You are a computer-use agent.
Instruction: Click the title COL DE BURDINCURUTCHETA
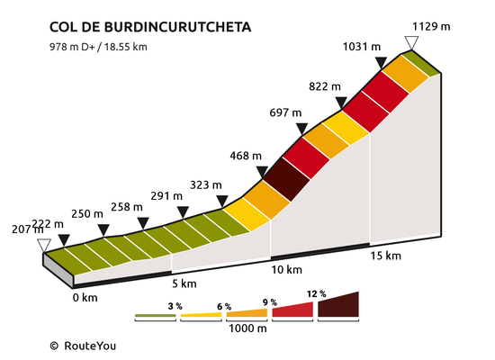(x=150, y=27)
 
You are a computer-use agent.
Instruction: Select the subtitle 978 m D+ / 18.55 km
(x=98, y=47)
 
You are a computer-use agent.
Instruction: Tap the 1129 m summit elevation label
(x=431, y=26)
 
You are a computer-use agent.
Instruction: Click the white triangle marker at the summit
(x=411, y=42)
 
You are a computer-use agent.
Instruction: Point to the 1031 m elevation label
(x=362, y=47)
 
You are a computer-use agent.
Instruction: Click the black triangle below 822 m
(x=341, y=103)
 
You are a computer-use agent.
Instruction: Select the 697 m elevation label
(x=285, y=112)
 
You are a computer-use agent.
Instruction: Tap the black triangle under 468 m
(x=262, y=172)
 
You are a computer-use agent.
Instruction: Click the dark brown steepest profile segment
(x=286, y=179)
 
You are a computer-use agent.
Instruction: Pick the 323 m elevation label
(x=206, y=184)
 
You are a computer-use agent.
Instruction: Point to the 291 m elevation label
(x=166, y=196)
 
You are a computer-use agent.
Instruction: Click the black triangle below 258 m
(x=143, y=223)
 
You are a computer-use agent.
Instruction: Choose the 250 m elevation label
(x=87, y=214)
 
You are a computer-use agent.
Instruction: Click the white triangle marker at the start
(x=44, y=246)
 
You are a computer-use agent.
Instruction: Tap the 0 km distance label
(x=85, y=298)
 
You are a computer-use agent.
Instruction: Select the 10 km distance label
(x=286, y=270)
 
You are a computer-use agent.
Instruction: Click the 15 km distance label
(x=385, y=256)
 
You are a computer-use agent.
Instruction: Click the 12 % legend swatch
(x=338, y=304)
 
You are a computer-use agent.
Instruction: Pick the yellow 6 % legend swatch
(x=201, y=315)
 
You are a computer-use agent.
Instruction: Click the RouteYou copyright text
(x=83, y=346)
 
